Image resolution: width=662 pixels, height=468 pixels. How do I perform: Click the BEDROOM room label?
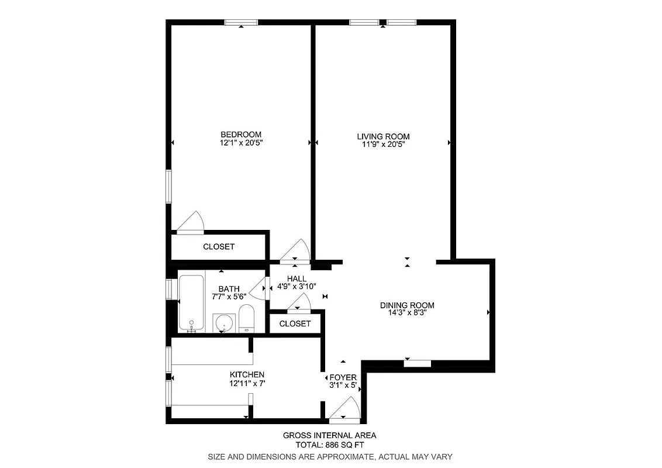(x=240, y=134)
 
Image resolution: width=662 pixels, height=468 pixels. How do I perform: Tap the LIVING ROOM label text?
(x=383, y=136)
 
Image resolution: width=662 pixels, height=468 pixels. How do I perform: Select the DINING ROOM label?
(x=407, y=305)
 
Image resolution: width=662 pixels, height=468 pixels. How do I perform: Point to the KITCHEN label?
(x=247, y=374)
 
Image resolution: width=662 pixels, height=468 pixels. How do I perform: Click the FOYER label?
(x=343, y=377)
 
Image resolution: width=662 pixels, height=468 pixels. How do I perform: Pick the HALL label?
(x=296, y=278)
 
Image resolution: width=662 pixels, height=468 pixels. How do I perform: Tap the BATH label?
(x=229, y=288)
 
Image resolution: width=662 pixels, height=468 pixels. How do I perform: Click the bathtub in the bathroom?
(x=191, y=303)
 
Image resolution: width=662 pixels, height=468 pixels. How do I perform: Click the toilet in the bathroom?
(x=246, y=319)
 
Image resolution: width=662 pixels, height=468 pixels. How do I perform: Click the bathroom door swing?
(x=258, y=287)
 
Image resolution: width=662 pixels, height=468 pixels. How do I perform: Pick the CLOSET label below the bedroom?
(x=219, y=247)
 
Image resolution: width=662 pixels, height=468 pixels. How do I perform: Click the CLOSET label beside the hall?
(x=295, y=324)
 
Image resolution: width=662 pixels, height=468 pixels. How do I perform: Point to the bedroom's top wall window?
(x=242, y=23)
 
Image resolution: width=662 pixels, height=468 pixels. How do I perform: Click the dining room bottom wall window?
(x=418, y=363)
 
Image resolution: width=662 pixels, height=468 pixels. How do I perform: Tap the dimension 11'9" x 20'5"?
(x=383, y=144)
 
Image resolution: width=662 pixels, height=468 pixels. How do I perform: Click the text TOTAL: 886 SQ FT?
(x=329, y=445)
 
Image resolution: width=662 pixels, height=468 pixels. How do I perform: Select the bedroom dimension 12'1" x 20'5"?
(x=240, y=142)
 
